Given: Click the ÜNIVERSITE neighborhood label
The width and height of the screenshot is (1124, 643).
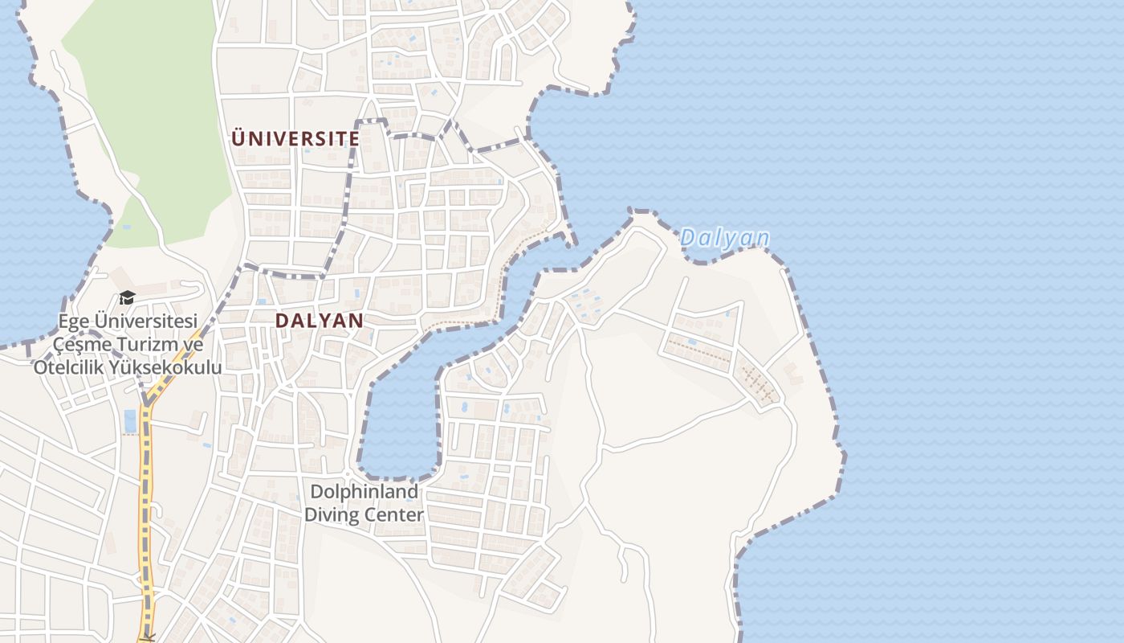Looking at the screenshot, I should [x=295, y=138].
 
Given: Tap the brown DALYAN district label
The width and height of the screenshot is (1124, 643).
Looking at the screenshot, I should [x=319, y=320].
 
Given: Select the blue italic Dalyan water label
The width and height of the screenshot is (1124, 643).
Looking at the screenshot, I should [x=724, y=238].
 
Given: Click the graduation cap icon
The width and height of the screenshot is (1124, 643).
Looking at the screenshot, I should [x=127, y=298].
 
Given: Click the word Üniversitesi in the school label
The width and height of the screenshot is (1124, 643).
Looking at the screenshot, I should [x=146, y=321].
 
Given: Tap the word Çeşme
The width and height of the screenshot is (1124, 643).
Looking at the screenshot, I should [x=80, y=344].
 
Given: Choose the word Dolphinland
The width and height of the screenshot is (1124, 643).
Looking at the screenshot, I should [x=364, y=491].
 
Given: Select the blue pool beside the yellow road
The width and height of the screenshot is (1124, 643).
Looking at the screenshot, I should [x=130, y=420].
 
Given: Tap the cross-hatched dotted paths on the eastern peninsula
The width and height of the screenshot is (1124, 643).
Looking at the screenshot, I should [x=759, y=384].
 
